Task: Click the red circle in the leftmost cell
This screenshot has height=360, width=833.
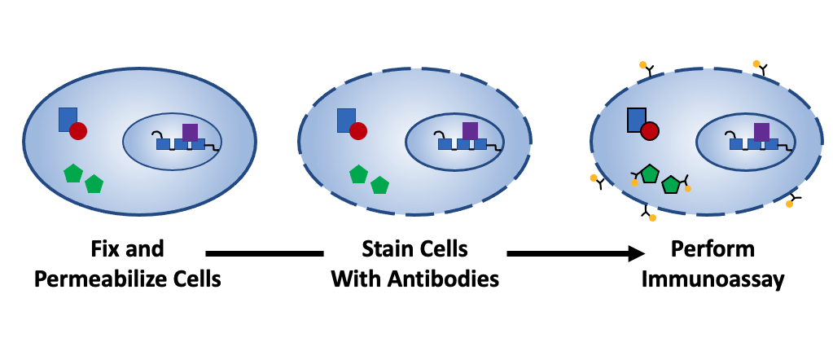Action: coord(78,130)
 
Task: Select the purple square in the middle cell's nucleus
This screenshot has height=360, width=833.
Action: coord(470,131)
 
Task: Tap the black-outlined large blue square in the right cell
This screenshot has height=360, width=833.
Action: coord(637,119)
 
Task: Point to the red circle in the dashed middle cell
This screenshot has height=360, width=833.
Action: coord(357,131)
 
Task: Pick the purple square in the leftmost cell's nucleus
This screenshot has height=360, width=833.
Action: coord(190,132)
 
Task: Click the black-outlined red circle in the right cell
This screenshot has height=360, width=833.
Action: coord(649,130)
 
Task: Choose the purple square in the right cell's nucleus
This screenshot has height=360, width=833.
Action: coord(761,131)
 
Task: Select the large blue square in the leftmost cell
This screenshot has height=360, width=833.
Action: coord(67,118)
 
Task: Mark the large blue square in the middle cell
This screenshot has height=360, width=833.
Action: coord(346,119)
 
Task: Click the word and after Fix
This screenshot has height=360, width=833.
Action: coord(147,248)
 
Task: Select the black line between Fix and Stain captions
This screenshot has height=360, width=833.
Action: coord(265,253)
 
